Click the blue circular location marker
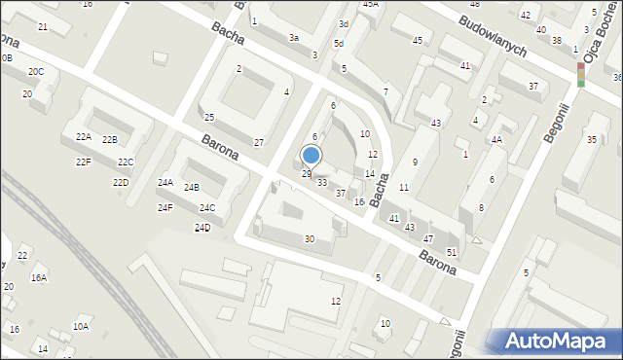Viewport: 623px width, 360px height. pyautogui.click(x=311, y=155)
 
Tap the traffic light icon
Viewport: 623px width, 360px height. pyautogui.click(x=581, y=74)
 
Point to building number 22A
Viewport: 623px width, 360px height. pyautogui.click(x=84, y=137)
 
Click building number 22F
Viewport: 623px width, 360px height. pyautogui.click(x=84, y=162)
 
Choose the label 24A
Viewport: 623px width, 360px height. pyautogui.click(x=165, y=183)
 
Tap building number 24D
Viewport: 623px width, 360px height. pyautogui.click(x=202, y=228)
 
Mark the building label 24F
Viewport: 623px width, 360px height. pyautogui.click(x=165, y=207)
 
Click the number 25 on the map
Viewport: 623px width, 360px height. pyautogui.click(x=208, y=118)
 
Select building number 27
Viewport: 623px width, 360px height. pyautogui.click(x=259, y=143)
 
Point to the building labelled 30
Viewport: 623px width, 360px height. pyautogui.click(x=310, y=239)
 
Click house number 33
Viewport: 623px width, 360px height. pyautogui.click(x=322, y=183)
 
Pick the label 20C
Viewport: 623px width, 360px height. pyautogui.click(x=36, y=72)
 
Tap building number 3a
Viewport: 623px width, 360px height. pyautogui.click(x=293, y=38)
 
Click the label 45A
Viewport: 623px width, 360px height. pyautogui.click(x=371, y=4)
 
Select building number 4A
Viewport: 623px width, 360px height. pyautogui.click(x=496, y=139)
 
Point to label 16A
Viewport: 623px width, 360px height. pyautogui.click(x=38, y=278)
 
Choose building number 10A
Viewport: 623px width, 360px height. pyautogui.click(x=81, y=327)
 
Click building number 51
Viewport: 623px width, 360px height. pyautogui.click(x=451, y=253)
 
